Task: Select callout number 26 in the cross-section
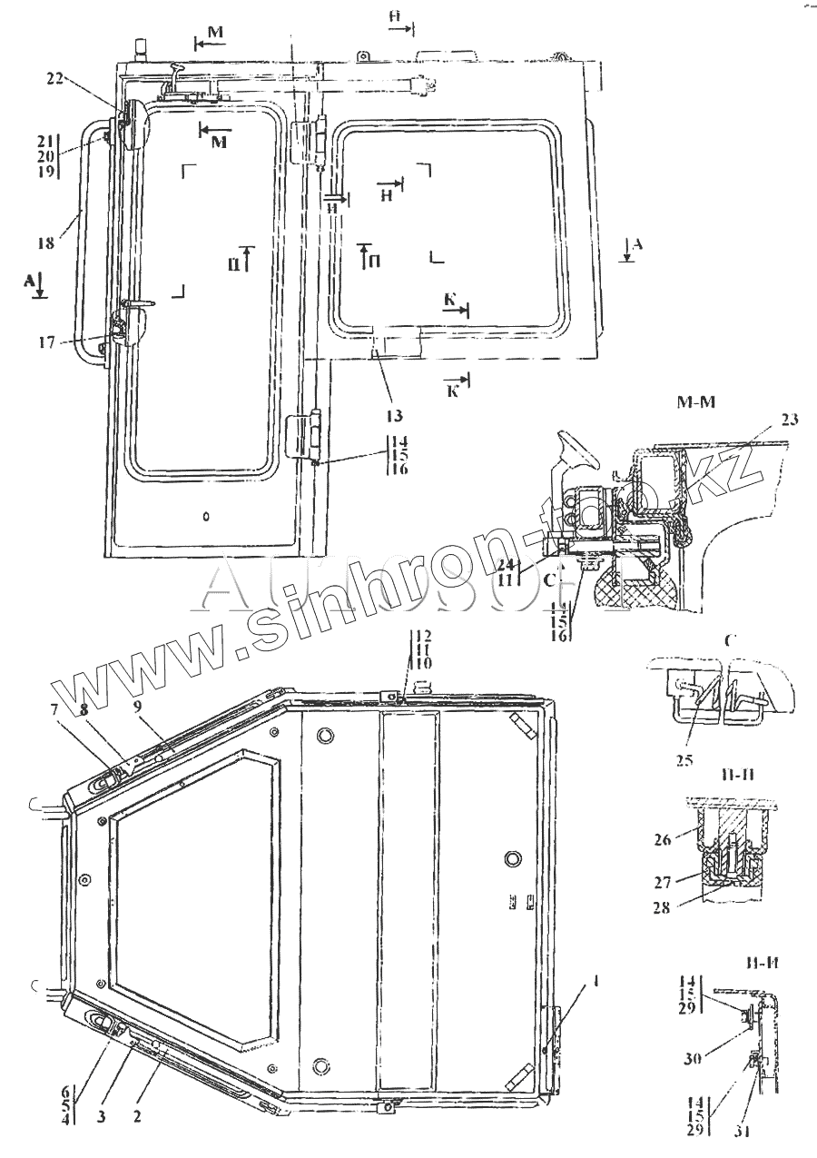(x=662, y=841)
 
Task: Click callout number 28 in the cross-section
(x=662, y=906)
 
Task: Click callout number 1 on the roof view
(x=571, y=981)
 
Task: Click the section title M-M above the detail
(x=694, y=402)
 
